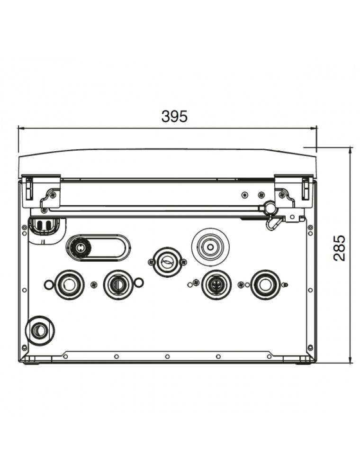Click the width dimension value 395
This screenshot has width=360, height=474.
(x=175, y=117)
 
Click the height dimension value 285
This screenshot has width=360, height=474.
(x=339, y=248)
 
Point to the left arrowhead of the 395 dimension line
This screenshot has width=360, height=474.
(x=22, y=128)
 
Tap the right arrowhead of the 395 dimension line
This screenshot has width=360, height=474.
(x=313, y=128)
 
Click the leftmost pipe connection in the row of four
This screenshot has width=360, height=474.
(x=69, y=284)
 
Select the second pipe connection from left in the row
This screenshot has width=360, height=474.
(x=118, y=284)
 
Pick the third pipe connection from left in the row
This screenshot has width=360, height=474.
(x=216, y=284)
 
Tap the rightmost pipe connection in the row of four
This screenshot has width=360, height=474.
(x=265, y=284)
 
